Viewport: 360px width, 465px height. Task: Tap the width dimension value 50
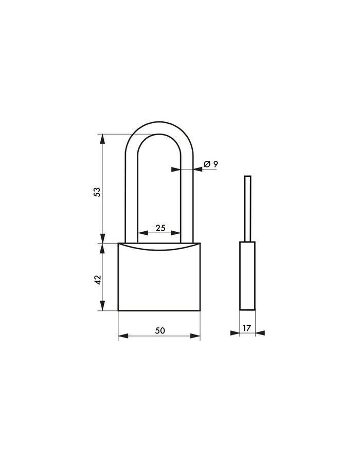pos(160,331)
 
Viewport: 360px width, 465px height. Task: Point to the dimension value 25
pos(160,228)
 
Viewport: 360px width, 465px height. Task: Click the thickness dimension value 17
pos(247,327)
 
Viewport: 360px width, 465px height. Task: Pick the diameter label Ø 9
pos(210,164)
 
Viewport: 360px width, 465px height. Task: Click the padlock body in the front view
pos(159,280)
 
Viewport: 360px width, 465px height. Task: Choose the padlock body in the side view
pos(247,276)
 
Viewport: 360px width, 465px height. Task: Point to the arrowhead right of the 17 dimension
pos(260,333)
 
